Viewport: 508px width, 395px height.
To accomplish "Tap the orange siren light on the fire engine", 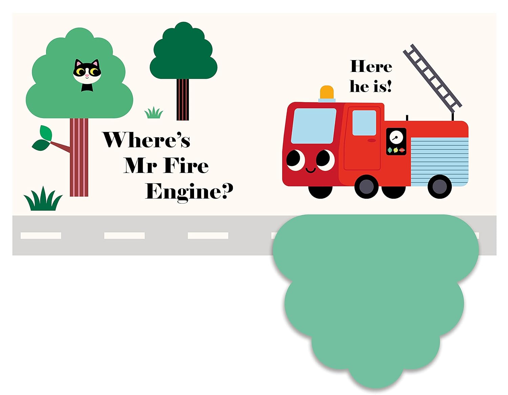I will (x=327, y=93).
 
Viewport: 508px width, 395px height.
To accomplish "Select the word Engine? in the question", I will (x=189, y=192).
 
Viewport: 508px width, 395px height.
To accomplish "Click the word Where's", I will (x=146, y=140).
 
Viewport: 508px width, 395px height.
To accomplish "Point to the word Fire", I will (x=186, y=166).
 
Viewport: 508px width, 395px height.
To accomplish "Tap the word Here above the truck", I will (x=371, y=67).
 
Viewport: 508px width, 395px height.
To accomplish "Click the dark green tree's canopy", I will (x=183, y=53).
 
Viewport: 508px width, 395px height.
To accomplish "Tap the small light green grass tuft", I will (x=154, y=113).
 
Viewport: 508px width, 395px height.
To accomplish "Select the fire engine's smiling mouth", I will (x=311, y=169).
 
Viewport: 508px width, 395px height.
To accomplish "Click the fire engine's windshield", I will (x=313, y=126).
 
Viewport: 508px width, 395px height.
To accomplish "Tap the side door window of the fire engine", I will (x=364, y=123).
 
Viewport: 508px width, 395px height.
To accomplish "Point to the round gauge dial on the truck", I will (x=396, y=137).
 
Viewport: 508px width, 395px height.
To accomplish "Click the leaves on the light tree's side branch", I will (x=43, y=138).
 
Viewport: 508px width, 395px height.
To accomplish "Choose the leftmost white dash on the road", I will (x=41, y=236).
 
